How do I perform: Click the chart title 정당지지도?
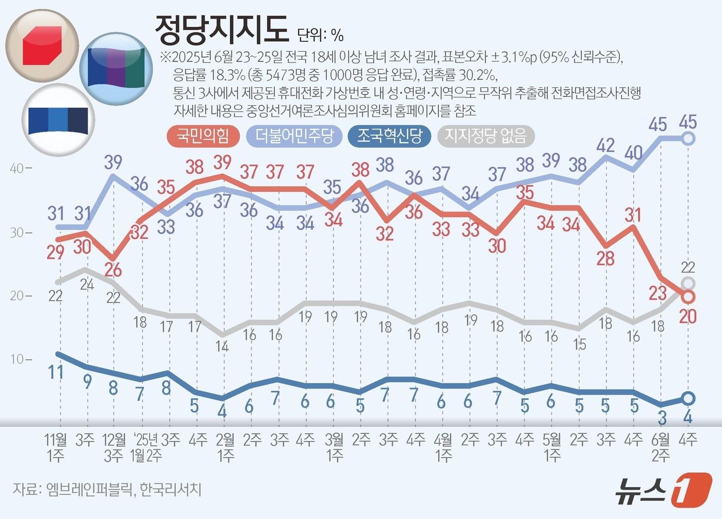(222, 29)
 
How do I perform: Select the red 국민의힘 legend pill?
(203, 136)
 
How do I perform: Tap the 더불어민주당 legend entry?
(294, 136)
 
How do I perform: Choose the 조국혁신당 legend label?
(389, 136)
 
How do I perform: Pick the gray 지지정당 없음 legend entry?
(485, 136)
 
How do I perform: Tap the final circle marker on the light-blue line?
(688, 138)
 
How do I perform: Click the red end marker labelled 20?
(688, 297)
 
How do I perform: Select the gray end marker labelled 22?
(688, 283)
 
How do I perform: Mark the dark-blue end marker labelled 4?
(688, 398)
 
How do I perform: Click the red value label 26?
(112, 270)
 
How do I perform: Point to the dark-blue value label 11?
(55, 371)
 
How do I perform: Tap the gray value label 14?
(222, 346)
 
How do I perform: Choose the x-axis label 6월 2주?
(661, 447)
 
